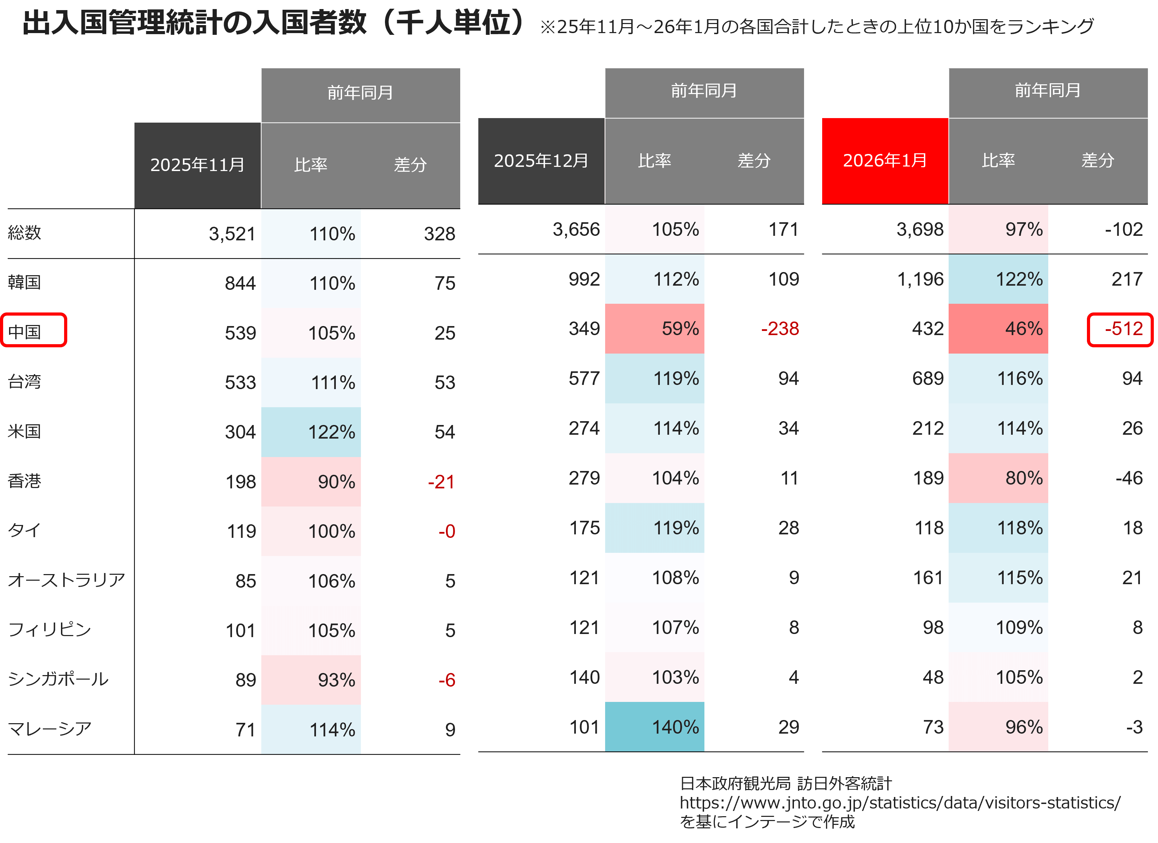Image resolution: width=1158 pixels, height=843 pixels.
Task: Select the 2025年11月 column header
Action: click(x=197, y=165)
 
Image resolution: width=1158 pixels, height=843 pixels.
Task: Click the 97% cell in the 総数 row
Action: click(x=998, y=229)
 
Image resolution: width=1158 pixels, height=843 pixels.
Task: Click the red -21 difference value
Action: click(x=441, y=481)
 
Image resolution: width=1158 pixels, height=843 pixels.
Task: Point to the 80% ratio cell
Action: click(x=998, y=478)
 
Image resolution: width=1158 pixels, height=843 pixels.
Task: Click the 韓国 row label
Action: click(x=24, y=282)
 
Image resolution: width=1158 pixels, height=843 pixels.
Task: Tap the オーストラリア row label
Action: click(x=67, y=580)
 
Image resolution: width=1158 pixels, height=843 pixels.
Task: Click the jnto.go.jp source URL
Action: click(x=900, y=803)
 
